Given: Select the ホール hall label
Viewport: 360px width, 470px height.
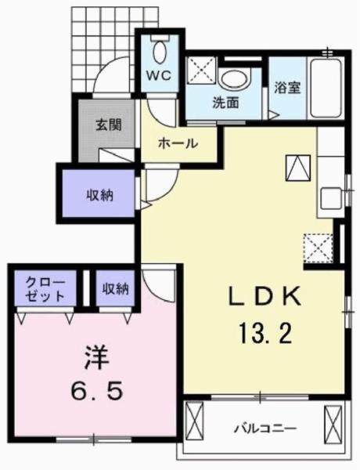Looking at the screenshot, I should coord(178,144).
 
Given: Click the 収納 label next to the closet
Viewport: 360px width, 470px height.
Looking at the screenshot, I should coord(115,289).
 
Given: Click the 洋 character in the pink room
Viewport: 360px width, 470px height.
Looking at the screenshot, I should coord(94,358).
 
